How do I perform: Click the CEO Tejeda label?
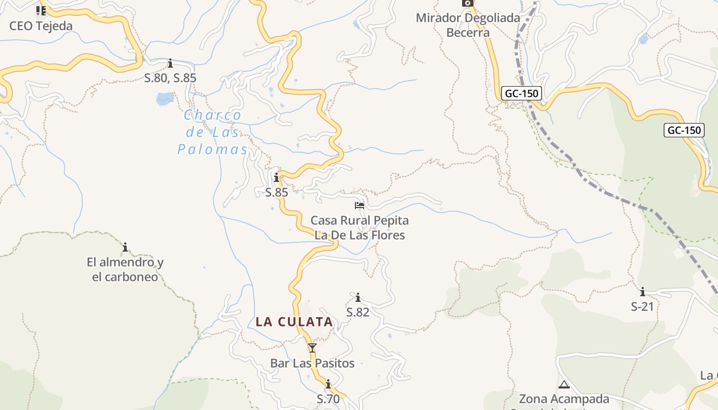coord(41,26)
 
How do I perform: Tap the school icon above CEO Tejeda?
coord(41,10)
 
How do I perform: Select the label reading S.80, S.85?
coord(170,78)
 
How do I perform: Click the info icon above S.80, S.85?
coord(170,64)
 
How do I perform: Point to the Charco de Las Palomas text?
coord(211,132)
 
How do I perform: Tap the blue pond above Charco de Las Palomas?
coord(165,98)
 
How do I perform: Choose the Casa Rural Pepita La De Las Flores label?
coord(360,228)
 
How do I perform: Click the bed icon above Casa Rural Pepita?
coord(360,206)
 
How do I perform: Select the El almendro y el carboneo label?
coord(125,270)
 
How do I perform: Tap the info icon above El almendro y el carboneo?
coord(125,248)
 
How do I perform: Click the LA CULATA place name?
coord(294,322)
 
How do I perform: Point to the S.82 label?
coord(358,312)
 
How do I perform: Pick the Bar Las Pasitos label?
coord(312,363)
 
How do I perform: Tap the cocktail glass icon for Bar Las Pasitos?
coord(312,348)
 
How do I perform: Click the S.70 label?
coord(328,399)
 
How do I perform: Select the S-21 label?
coord(642,306)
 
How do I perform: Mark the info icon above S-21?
coord(642,292)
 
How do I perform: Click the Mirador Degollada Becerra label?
coord(468,25)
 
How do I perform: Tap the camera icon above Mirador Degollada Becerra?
coord(467,3)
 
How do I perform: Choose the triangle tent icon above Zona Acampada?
coord(564,384)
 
